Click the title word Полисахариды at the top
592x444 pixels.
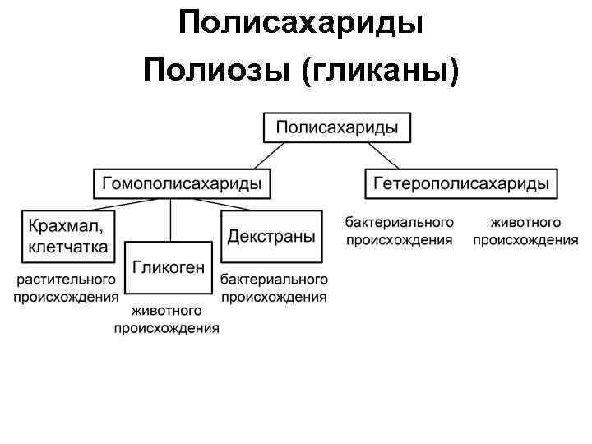[300, 22]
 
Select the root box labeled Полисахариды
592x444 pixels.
[337, 127]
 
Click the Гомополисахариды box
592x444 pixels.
[182, 183]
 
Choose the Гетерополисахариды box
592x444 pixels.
[461, 183]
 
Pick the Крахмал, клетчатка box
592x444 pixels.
[68, 235]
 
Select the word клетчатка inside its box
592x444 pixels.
[68, 246]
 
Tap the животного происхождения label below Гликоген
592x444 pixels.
[166, 320]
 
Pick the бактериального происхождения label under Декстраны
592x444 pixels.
[274, 289]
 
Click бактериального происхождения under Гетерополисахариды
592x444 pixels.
[399, 231]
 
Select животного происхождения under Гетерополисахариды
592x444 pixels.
[525, 231]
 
